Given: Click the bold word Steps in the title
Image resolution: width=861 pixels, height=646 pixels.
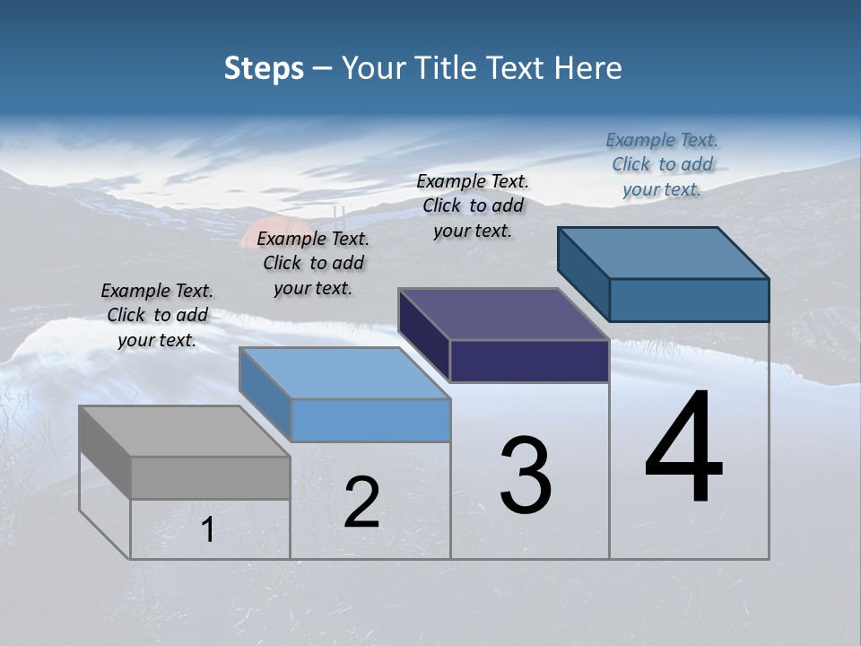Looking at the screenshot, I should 264,68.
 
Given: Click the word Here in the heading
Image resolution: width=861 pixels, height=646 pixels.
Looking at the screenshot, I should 588,68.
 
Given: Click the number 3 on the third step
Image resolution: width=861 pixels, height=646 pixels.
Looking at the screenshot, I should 526,476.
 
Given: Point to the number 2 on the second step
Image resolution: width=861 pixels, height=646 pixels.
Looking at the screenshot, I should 361,502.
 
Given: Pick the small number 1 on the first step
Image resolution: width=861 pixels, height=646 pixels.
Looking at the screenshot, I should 207,530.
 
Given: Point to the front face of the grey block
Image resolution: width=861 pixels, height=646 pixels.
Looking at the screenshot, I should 210,477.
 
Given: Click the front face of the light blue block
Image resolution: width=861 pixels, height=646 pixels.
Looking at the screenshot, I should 370,420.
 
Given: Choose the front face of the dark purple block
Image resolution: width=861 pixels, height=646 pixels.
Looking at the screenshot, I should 529,361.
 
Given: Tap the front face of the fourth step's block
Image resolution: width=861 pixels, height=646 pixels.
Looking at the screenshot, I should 689,300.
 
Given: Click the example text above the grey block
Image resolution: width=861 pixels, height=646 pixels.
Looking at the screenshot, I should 157,315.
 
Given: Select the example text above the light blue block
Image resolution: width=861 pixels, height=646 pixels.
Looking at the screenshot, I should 313,263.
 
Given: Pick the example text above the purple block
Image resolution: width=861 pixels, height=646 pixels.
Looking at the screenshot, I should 473,205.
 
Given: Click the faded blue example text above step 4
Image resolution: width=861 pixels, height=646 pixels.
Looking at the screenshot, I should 662,164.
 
